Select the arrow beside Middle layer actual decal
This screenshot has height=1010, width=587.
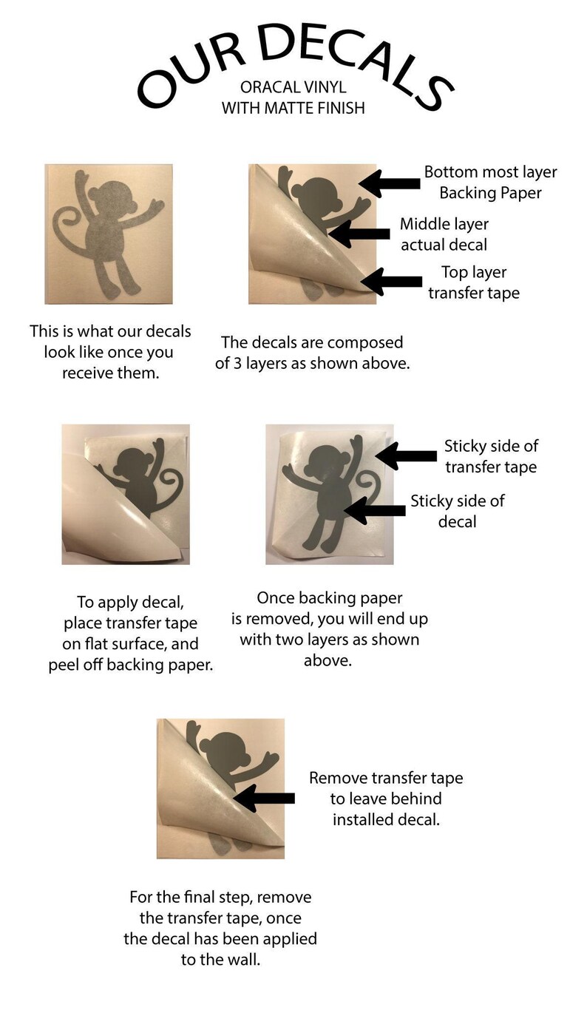point(359,233)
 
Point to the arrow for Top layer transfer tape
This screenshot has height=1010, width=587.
point(391,282)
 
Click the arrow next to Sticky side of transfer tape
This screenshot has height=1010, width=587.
point(406,455)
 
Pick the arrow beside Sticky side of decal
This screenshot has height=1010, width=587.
point(374,510)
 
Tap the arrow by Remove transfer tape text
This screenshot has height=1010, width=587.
point(264,798)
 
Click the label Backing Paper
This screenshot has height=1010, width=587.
point(490,193)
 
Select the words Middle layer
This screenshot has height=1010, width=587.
point(444,223)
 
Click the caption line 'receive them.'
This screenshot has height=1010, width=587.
point(111,373)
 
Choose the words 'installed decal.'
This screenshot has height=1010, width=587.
point(387,819)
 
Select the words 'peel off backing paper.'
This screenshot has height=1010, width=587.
point(131,665)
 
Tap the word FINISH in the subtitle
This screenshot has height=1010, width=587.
point(339,108)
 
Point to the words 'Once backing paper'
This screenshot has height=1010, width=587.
point(330,598)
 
